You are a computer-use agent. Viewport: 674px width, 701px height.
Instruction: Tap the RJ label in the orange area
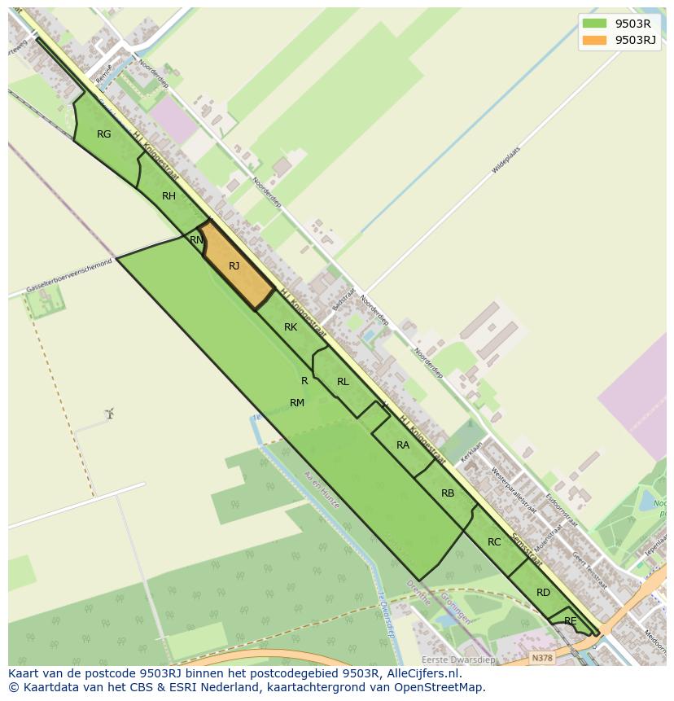[x=234, y=266]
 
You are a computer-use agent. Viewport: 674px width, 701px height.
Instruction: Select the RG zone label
[x=103, y=134]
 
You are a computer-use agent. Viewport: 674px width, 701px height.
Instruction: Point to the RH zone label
[x=168, y=196]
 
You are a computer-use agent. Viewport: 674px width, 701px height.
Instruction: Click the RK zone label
[x=291, y=327]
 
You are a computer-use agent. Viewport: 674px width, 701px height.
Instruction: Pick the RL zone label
[x=343, y=382]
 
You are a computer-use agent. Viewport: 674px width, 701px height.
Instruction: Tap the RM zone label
[x=297, y=403]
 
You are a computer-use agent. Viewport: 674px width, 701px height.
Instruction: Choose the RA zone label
[x=403, y=445]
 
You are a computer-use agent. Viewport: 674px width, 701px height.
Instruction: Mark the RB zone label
[x=448, y=493]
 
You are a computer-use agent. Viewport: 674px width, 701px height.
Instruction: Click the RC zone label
[x=494, y=542]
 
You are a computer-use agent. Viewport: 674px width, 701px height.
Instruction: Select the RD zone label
[x=543, y=593]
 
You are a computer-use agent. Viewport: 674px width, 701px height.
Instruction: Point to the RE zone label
[x=571, y=621]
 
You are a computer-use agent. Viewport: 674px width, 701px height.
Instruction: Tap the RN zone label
[x=196, y=240]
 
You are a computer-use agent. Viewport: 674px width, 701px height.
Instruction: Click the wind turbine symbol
[x=109, y=414]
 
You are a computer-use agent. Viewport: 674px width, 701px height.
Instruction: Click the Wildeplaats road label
[x=505, y=160]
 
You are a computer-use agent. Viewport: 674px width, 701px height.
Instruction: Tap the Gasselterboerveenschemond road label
[x=68, y=277]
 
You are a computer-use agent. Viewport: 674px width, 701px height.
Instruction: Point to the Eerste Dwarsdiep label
[x=457, y=659]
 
